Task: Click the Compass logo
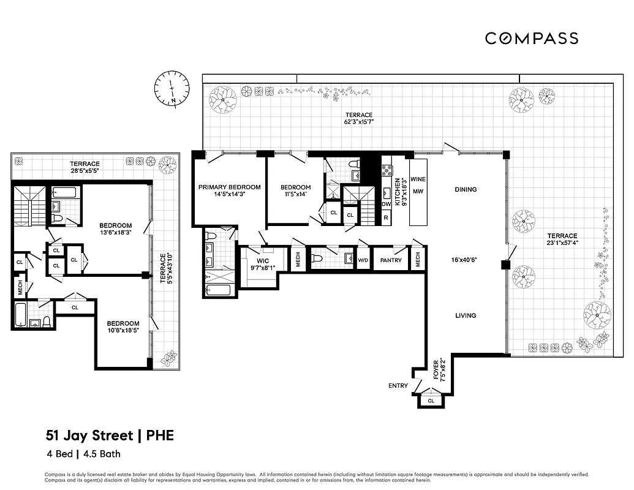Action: tap(531, 38)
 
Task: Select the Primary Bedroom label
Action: tap(229, 190)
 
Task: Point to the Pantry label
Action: tap(391, 260)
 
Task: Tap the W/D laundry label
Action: tap(363, 260)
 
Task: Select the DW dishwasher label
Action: tap(386, 205)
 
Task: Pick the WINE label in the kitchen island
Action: tap(418, 179)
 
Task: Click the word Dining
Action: tap(466, 189)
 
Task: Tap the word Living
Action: tap(466, 315)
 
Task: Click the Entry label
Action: tap(398, 386)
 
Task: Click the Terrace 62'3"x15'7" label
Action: tap(358, 118)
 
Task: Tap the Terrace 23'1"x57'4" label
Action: tap(562, 239)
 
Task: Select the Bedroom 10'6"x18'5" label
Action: tap(123, 327)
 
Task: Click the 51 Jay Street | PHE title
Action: tap(110, 435)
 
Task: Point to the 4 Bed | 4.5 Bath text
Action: tap(83, 454)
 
